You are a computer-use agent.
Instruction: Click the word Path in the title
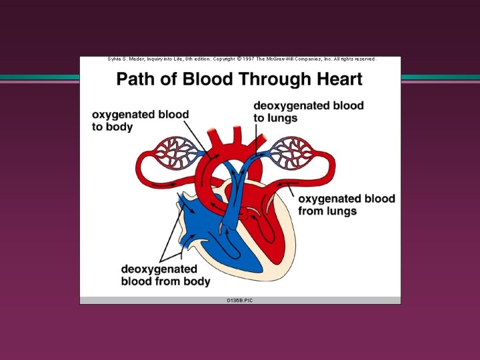coord(135,80)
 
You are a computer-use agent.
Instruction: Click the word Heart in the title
coord(339,80)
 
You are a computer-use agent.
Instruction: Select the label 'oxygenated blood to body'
coord(140,121)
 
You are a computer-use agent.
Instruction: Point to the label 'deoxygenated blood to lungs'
coord(308,112)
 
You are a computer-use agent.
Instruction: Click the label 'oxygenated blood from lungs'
coord(346,205)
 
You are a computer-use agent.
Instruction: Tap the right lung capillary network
coord(288,153)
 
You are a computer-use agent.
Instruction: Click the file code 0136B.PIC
coord(240,301)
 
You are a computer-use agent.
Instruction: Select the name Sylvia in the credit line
coord(115,59)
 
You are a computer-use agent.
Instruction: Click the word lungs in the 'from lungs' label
coord(341,211)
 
